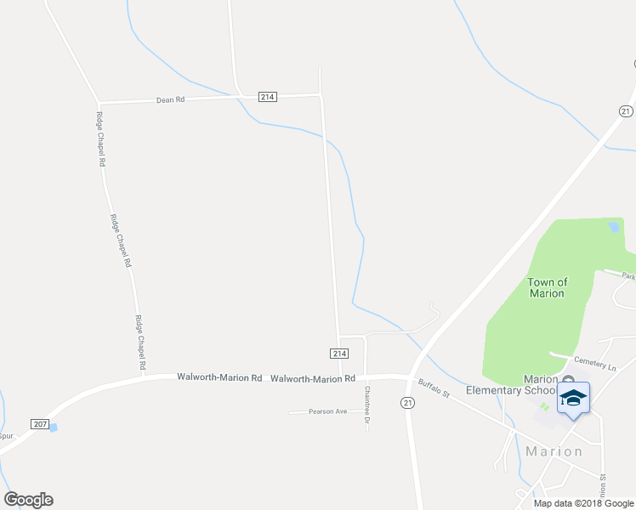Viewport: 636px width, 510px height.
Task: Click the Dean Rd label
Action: click(x=170, y=99)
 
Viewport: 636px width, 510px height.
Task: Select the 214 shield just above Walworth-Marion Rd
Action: click(x=338, y=353)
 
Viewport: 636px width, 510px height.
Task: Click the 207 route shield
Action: click(x=39, y=423)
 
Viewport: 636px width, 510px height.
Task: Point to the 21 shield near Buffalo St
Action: click(x=409, y=402)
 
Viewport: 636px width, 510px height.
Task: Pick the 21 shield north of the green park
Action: click(x=627, y=110)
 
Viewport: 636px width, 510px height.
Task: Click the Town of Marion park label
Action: click(x=547, y=287)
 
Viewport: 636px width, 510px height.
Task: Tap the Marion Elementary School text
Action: click(x=511, y=384)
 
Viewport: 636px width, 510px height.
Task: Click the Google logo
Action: click(x=28, y=500)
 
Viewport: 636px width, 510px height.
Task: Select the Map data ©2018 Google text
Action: click(x=582, y=502)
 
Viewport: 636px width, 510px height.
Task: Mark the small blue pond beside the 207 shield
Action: click(x=54, y=427)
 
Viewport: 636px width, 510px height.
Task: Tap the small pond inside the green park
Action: click(x=613, y=227)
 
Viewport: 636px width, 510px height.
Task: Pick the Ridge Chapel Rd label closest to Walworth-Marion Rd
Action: click(x=141, y=343)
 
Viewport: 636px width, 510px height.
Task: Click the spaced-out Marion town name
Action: click(x=554, y=451)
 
